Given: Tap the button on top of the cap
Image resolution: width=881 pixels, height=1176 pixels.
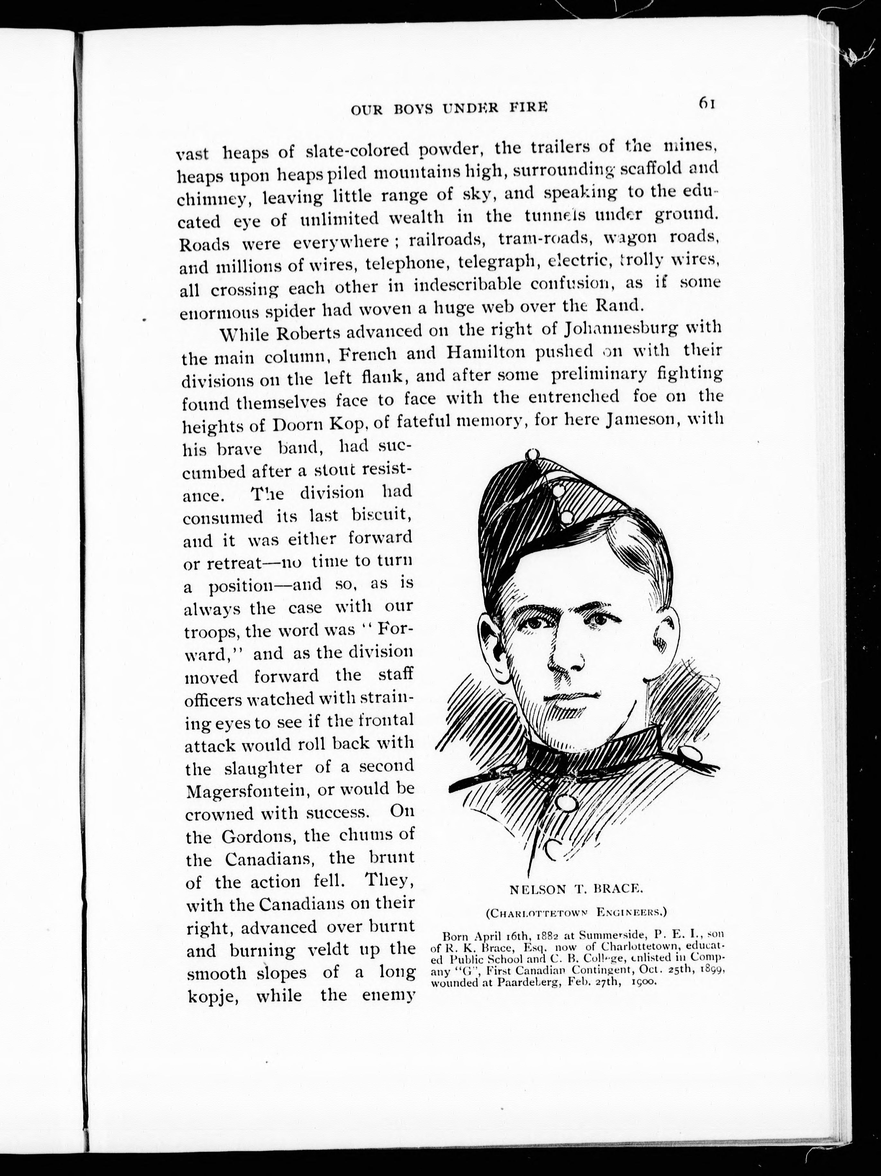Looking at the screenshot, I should point(532,455).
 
